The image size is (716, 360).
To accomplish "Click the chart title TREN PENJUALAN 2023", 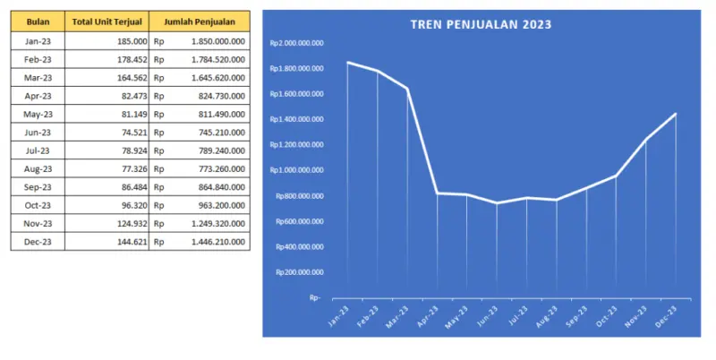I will [481, 24].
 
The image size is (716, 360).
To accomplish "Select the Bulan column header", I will [38, 21].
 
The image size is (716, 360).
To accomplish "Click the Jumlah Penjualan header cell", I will [198, 21].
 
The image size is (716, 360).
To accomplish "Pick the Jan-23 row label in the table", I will [38, 40].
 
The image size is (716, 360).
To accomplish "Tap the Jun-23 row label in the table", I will [38, 132].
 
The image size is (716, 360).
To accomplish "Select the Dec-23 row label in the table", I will [38, 242].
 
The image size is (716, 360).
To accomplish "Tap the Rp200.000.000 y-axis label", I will [298, 272].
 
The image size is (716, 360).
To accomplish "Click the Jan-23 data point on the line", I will [347, 63].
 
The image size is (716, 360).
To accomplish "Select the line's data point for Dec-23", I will [676, 114].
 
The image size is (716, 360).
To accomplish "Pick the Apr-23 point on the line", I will [437, 193].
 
